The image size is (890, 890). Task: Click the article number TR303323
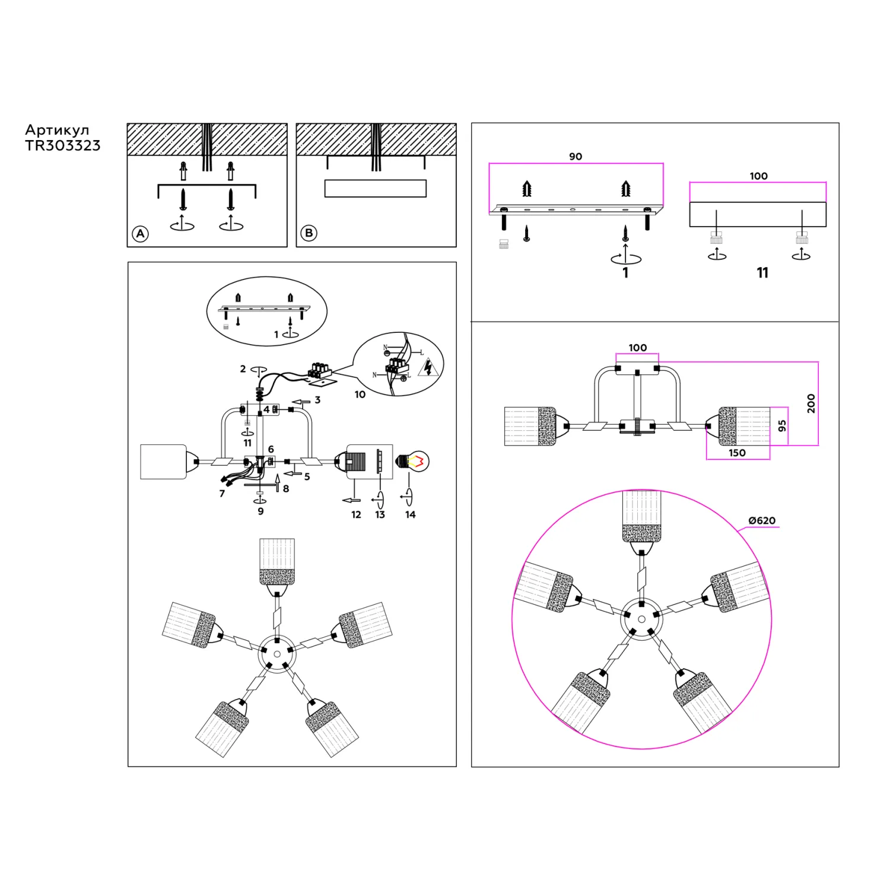tap(63, 146)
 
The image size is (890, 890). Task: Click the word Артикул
tap(57, 130)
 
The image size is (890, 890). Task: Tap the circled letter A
tap(140, 234)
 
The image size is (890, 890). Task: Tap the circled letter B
tap(309, 233)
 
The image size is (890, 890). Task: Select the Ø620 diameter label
tap(762, 520)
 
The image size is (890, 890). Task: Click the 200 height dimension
tap(811, 403)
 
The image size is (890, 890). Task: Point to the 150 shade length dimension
tap(737, 453)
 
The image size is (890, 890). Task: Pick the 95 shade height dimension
tap(782, 425)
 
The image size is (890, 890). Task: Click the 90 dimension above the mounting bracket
tap(576, 157)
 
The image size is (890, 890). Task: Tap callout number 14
tap(410, 514)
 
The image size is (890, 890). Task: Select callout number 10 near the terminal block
tap(360, 395)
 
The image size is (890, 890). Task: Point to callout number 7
tap(222, 494)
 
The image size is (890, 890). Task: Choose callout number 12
tap(356, 514)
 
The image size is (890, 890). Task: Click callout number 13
tap(380, 514)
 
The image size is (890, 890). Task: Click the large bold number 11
tap(762, 272)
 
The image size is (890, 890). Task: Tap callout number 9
tap(260, 511)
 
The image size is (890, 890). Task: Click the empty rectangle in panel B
tap(376, 188)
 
